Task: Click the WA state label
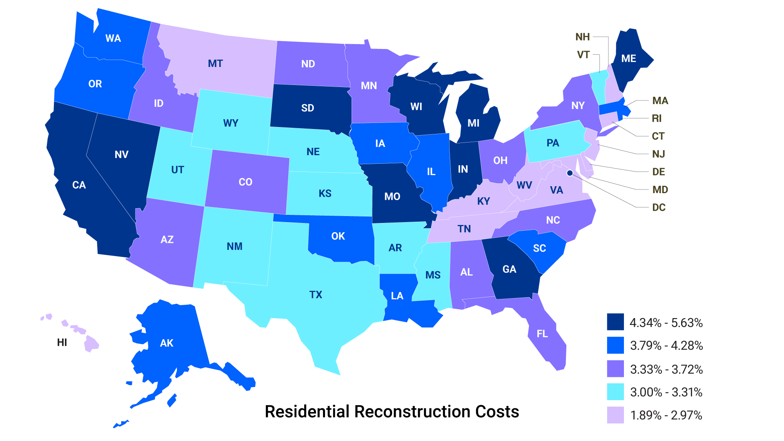pyautogui.click(x=113, y=38)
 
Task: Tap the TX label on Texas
pyautogui.click(x=316, y=294)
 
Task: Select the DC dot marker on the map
pyautogui.click(x=570, y=173)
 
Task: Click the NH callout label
pyautogui.click(x=583, y=37)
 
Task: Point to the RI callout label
pyautogui.click(x=657, y=118)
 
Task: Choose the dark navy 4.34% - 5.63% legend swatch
pyautogui.click(x=615, y=322)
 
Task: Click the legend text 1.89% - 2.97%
pyautogui.click(x=666, y=415)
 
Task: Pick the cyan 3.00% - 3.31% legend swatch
pyautogui.click(x=615, y=392)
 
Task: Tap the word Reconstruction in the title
pyautogui.click(x=413, y=412)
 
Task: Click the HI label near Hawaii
pyautogui.click(x=62, y=342)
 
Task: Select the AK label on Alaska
pyautogui.click(x=167, y=343)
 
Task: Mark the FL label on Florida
pyautogui.click(x=542, y=334)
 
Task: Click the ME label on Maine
pyautogui.click(x=628, y=58)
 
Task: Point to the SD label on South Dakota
pyautogui.click(x=307, y=108)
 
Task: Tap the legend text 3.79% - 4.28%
pyautogui.click(x=666, y=345)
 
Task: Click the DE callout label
pyautogui.click(x=658, y=171)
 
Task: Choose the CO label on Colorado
pyautogui.click(x=245, y=182)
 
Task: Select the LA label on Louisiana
pyautogui.click(x=397, y=296)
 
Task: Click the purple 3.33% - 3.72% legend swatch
pyautogui.click(x=615, y=369)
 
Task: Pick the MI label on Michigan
pyautogui.click(x=473, y=123)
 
